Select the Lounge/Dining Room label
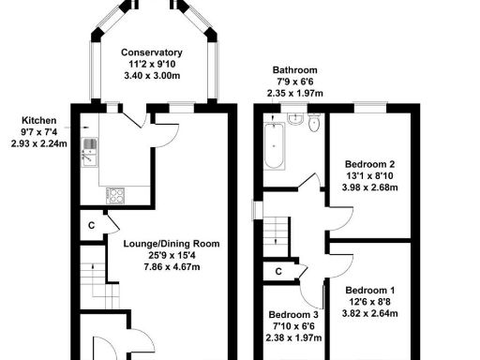[172, 244]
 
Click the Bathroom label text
[294, 70]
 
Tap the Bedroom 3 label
[291, 315]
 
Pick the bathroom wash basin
[295, 119]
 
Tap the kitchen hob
[117, 195]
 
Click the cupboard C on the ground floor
[91, 226]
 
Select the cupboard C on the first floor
[277, 272]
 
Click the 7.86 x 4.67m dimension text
[172, 267]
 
